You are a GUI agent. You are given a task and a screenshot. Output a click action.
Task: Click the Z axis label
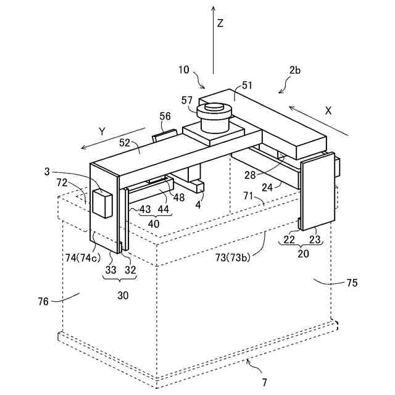click(220, 24)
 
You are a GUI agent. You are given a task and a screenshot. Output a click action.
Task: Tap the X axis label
click(328, 111)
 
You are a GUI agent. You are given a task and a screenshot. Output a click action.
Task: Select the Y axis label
click(103, 131)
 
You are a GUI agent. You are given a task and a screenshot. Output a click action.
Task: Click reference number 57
click(187, 100)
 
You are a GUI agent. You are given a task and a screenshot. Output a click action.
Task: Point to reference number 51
click(247, 86)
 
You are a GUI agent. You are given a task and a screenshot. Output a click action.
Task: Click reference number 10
click(184, 70)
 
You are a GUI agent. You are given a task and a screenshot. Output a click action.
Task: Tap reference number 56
click(165, 116)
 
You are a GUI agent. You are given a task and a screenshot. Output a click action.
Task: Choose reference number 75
click(352, 283)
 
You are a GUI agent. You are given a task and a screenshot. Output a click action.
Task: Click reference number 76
click(43, 301)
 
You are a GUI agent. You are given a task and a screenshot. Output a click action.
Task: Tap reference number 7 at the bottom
click(264, 382)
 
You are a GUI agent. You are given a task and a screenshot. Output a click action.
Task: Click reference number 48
click(179, 197)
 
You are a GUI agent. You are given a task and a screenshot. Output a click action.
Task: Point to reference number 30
click(123, 296)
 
